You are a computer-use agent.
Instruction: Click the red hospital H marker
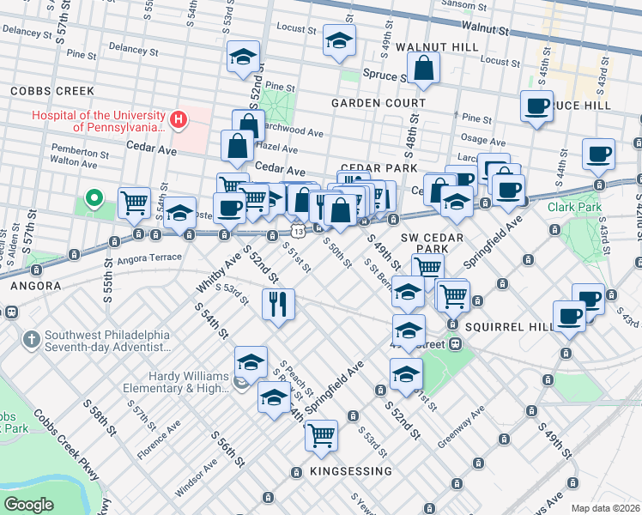coord(179,118)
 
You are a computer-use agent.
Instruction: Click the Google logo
coord(28,505)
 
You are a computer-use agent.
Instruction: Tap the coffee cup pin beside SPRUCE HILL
coord(536,106)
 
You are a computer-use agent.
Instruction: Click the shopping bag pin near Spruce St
coord(424,68)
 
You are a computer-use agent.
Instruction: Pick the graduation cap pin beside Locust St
coord(339,39)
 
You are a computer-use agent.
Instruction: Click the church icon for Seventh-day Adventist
coord(32,339)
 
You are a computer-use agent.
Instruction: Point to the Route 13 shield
coord(296,232)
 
